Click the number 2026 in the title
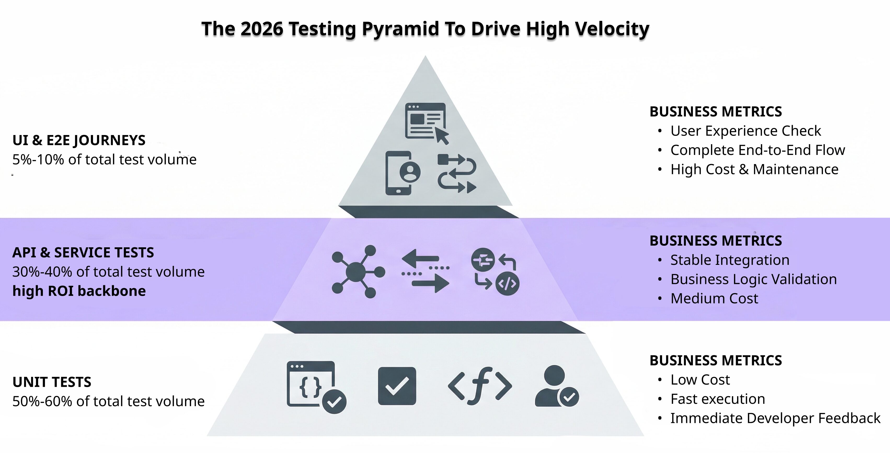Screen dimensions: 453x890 262,29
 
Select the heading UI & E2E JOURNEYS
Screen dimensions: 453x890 79,140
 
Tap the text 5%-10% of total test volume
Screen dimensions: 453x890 104,160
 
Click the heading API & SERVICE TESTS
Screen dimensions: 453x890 83,253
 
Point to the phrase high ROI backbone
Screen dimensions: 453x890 79,291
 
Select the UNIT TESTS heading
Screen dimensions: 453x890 52,382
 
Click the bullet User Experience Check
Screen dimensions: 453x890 745,131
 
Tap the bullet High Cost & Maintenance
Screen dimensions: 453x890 754,169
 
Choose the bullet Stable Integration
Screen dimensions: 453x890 730,260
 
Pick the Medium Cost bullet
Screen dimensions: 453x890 714,298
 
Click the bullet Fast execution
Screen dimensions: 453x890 717,399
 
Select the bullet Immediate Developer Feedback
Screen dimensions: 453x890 775,418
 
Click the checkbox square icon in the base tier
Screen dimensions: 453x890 397,386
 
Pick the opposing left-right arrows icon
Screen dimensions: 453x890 425,271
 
